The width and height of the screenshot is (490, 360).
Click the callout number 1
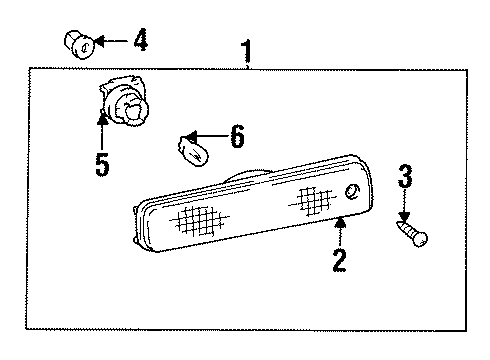[246, 49]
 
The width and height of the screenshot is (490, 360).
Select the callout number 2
[339, 262]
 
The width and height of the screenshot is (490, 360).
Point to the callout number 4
[140, 41]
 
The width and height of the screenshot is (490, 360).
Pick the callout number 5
[102, 164]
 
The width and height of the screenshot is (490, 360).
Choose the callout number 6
[236, 136]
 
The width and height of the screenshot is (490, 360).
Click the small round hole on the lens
[351, 191]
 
